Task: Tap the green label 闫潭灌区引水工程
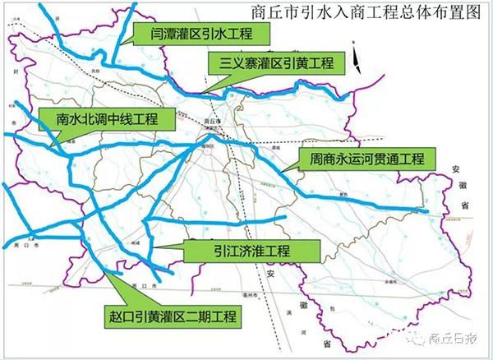click(x=200, y=33)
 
